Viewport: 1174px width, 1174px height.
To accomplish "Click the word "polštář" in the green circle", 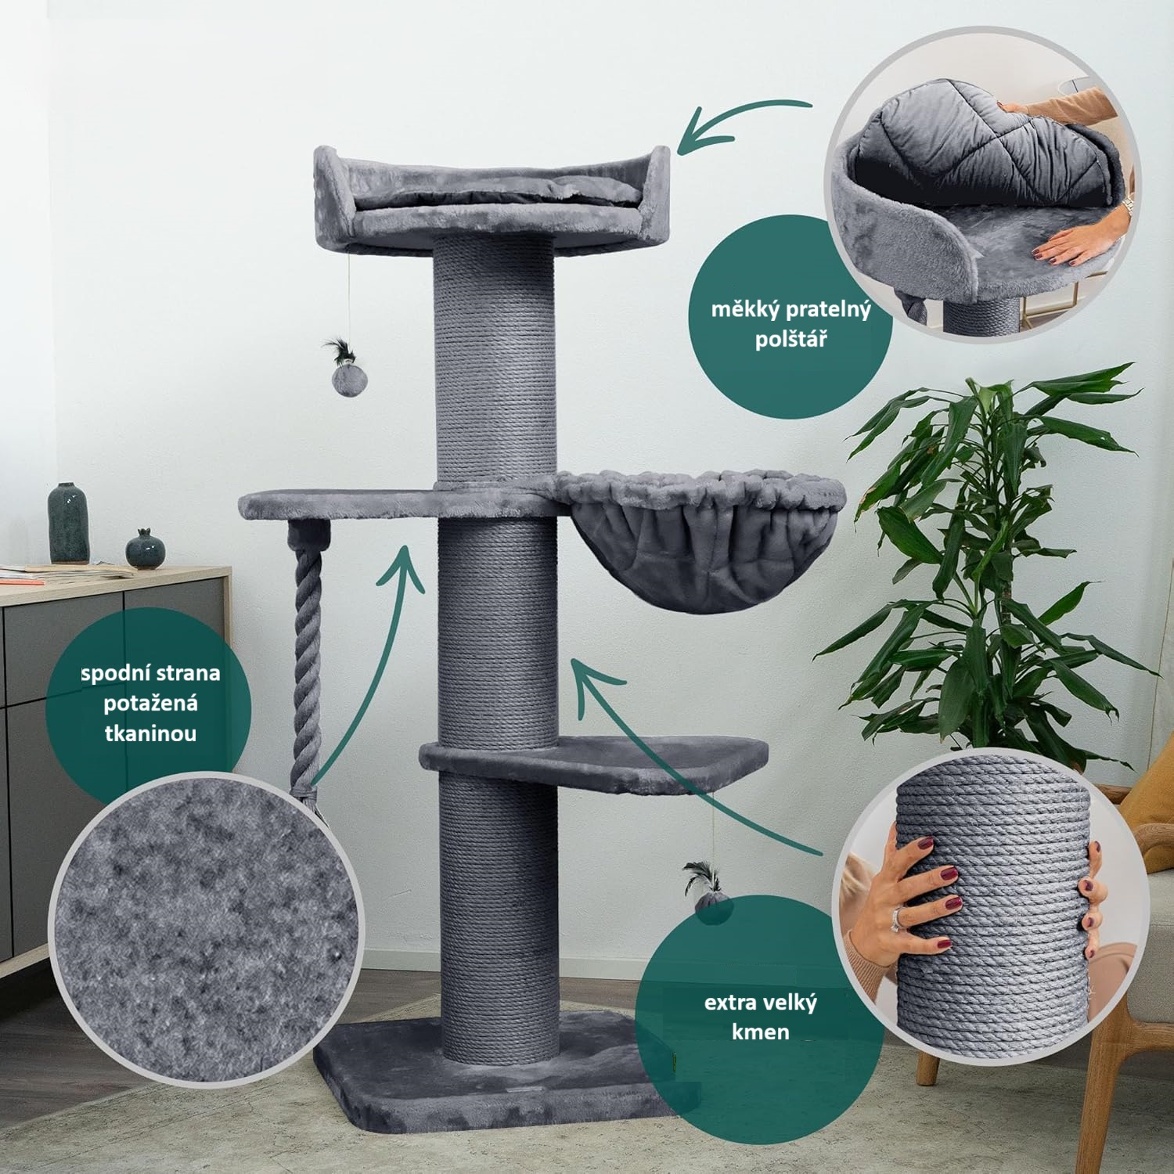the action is pyautogui.click(x=790, y=340).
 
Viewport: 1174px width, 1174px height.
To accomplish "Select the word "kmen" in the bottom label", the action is pyautogui.click(x=761, y=1032).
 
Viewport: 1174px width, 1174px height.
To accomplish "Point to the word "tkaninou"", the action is pyautogui.click(x=150, y=733).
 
